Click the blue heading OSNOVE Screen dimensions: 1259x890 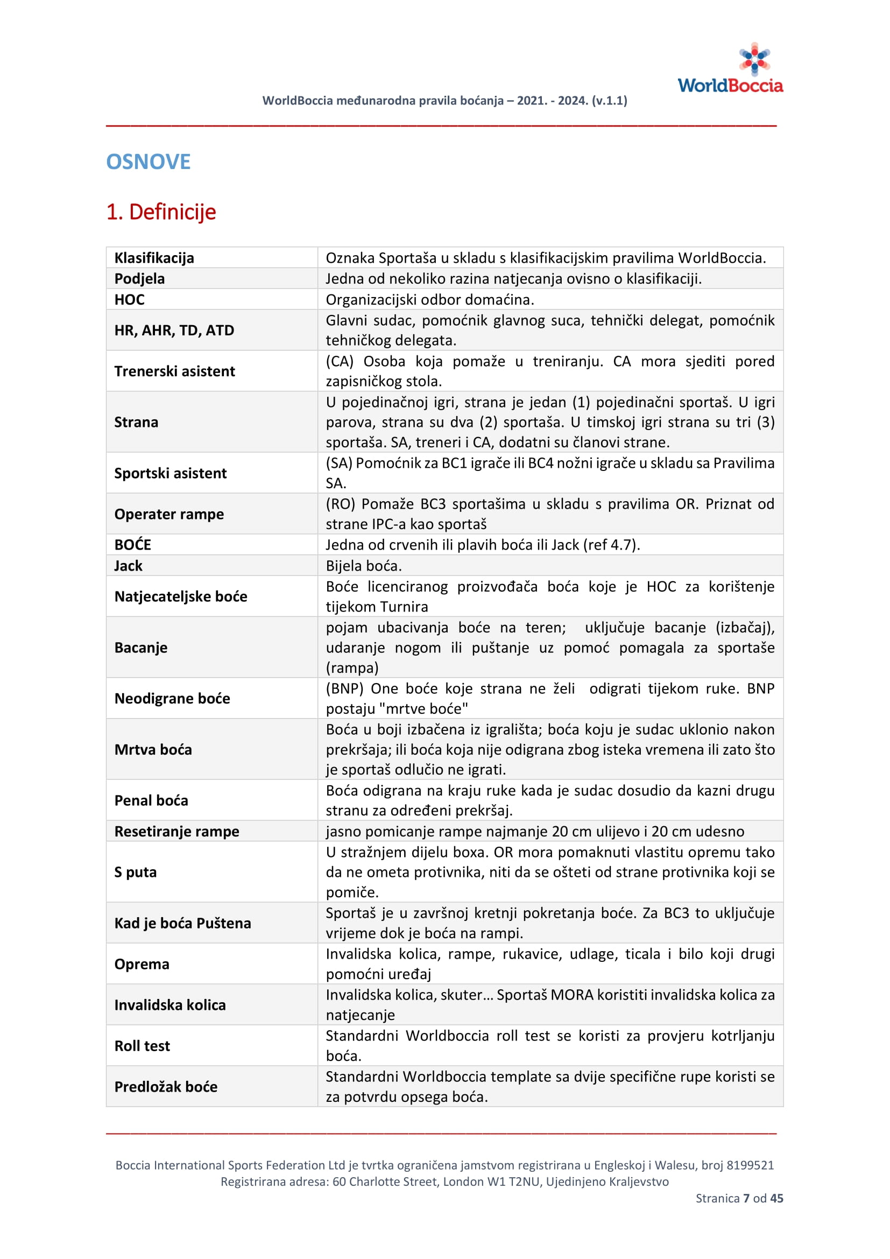pyautogui.click(x=148, y=162)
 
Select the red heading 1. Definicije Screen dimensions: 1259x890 pyautogui.click(x=161, y=212)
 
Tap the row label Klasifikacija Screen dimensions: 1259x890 pyautogui.click(x=154, y=258)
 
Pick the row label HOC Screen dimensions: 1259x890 pyautogui.click(x=129, y=299)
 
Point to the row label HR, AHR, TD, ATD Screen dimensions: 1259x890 pyautogui.click(x=174, y=330)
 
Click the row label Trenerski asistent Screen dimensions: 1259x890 pyautogui.click(x=174, y=371)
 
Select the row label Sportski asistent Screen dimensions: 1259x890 pyautogui.click(x=170, y=473)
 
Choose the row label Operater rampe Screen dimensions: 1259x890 pyautogui.click(x=169, y=514)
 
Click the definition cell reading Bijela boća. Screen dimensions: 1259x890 pyautogui.click(x=364, y=565)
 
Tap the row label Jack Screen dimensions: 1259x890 pyautogui.click(x=128, y=565)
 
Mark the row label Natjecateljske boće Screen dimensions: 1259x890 pyautogui.click(x=180, y=596)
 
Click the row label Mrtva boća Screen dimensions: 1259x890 pyautogui.click(x=153, y=750)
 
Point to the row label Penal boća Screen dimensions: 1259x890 pyautogui.click(x=151, y=800)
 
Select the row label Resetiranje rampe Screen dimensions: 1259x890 pyautogui.click(x=176, y=831)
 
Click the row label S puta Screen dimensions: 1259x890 pyautogui.click(x=136, y=872)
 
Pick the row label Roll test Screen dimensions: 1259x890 pyautogui.click(x=142, y=1046)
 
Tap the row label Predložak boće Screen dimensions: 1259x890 pyautogui.click(x=166, y=1087)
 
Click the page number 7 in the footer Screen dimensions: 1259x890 pyautogui.click(x=746, y=1198)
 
